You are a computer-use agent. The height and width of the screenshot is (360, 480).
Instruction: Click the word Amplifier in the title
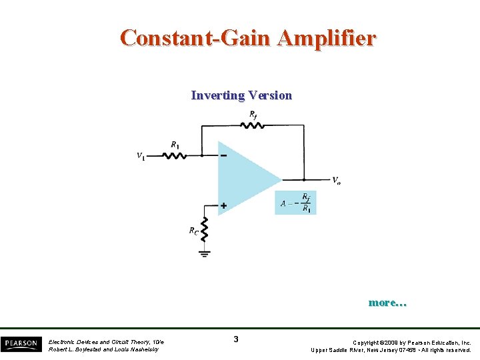[327, 37]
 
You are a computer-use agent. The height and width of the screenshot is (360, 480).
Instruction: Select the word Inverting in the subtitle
[217, 95]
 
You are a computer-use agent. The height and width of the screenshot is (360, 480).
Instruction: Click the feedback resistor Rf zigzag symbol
[254, 125]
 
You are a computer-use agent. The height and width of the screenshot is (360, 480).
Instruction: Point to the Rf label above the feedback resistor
[253, 115]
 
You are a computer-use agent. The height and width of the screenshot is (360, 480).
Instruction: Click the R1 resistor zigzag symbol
[175, 155]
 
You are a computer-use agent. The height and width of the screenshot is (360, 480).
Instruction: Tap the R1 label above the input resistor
[175, 145]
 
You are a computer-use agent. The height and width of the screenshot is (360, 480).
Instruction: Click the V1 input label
[141, 156]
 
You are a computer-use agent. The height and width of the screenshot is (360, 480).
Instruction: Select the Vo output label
[337, 180]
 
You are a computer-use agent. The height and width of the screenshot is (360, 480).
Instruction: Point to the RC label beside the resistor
[193, 231]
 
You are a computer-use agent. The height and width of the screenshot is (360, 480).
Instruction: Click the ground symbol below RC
[205, 253]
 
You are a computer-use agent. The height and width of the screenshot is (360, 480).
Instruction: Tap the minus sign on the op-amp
[223, 156]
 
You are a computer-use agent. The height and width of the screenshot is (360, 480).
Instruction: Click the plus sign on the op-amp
[223, 206]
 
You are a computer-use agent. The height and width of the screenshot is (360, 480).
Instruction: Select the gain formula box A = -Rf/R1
[295, 203]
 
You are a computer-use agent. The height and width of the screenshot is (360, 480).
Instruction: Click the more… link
[387, 303]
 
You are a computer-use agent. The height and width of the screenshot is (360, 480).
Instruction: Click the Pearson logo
[20, 344]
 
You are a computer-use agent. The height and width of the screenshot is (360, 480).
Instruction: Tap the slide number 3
[236, 339]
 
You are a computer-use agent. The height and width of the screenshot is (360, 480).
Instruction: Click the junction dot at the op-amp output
[304, 179]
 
